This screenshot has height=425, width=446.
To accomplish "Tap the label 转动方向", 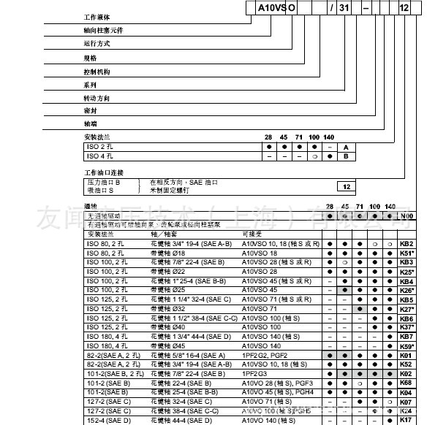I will tap(97, 98).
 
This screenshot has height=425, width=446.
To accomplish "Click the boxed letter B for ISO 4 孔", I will tap(347, 156).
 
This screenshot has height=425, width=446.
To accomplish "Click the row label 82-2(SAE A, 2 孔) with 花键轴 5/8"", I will tap(109, 354).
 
